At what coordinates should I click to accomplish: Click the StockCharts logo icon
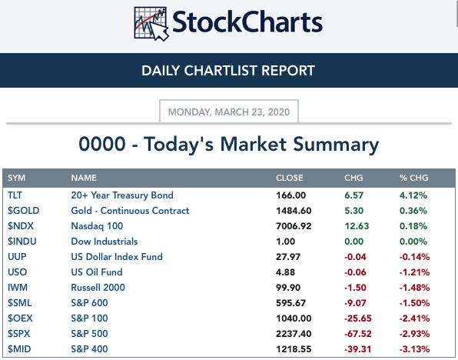click(151, 24)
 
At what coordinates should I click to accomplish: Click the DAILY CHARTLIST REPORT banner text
click(228, 71)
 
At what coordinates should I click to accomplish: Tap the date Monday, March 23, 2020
click(229, 112)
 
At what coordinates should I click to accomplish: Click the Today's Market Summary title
click(229, 145)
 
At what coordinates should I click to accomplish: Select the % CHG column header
click(413, 178)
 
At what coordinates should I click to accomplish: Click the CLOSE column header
click(290, 178)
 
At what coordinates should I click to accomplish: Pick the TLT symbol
click(15, 195)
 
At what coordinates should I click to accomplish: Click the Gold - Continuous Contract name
click(130, 211)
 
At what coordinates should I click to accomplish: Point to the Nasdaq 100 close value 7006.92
click(294, 226)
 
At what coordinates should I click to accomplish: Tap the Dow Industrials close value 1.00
click(285, 242)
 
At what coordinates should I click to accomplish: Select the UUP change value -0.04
click(355, 257)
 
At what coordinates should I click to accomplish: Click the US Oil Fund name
click(97, 272)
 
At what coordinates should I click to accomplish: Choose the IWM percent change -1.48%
click(414, 288)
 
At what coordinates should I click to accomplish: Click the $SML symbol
click(19, 302)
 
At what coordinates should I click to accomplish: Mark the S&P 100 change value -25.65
click(358, 318)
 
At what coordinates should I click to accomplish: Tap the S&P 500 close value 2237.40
click(294, 334)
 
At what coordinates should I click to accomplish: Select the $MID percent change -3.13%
click(414, 349)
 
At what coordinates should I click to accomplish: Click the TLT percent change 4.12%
click(413, 195)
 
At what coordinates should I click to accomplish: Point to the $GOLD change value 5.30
click(354, 211)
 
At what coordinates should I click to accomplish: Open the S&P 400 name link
click(89, 349)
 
